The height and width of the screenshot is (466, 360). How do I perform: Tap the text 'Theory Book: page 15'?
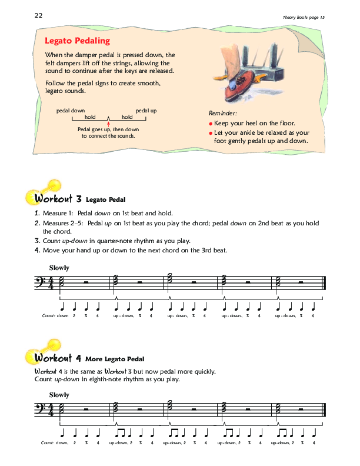304,18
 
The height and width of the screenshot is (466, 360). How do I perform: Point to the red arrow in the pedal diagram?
108,123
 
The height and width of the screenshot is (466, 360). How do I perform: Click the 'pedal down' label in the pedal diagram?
71,111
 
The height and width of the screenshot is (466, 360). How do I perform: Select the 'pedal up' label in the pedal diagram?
146,111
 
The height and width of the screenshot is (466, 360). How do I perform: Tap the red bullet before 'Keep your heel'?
211,124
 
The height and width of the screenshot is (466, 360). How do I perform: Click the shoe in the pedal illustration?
237,88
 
